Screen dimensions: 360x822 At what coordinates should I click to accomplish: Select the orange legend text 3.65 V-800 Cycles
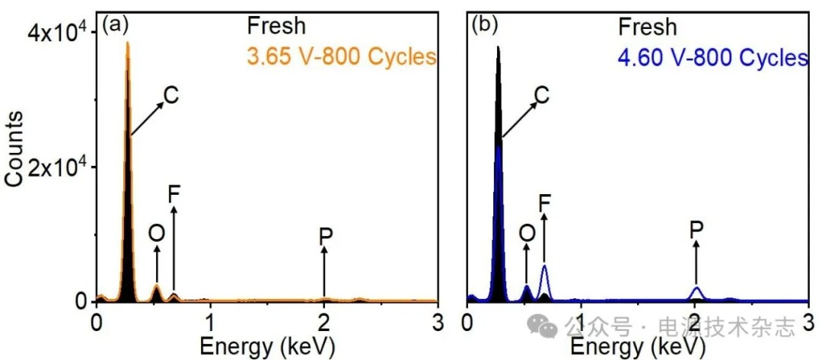click(x=341, y=56)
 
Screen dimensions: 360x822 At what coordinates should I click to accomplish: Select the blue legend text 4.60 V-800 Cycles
click(x=712, y=56)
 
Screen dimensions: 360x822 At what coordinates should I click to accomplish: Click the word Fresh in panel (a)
click(x=276, y=26)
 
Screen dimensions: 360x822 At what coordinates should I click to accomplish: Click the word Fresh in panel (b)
click(x=646, y=27)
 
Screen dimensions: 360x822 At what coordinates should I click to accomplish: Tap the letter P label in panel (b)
click(x=696, y=229)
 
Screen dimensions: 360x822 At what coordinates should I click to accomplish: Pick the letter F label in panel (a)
click(x=174, y=195)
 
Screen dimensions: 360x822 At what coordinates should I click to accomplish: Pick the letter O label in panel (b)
click(x=527, y=234)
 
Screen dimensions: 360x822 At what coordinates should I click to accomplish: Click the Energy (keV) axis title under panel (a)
click(x=267, y=346)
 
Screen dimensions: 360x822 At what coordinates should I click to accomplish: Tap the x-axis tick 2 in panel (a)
click(x=324, y=318)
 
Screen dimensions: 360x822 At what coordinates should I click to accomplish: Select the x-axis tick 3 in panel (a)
click(x=438, y=318)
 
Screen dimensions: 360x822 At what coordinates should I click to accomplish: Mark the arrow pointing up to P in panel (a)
click(x=325, y=274)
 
